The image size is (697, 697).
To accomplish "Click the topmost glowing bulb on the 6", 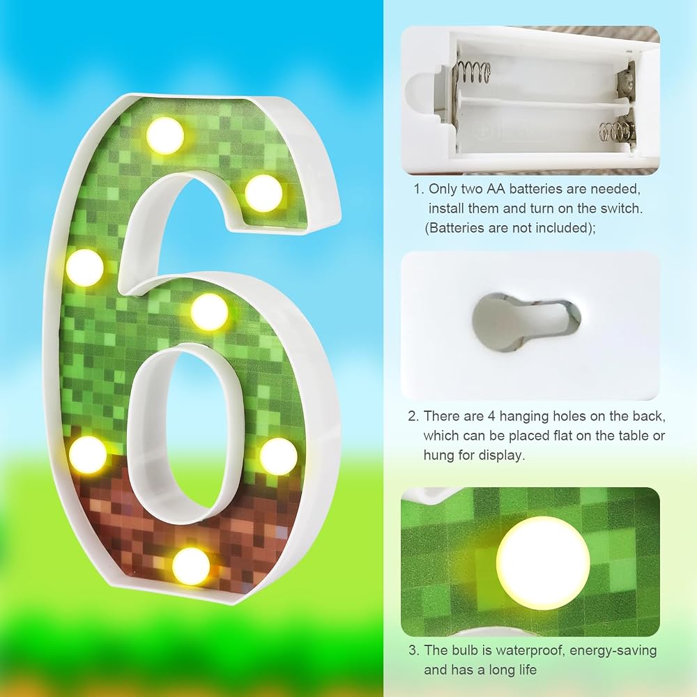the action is click(165, 136).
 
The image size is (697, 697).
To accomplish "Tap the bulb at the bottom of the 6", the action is click(191, 566).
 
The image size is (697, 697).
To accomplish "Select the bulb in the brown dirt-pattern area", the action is click(191, 566).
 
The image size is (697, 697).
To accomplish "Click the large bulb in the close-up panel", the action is click(543, 562).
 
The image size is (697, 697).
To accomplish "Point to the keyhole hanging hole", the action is click(526, 321).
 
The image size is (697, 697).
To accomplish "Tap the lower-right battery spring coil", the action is click(617, 131).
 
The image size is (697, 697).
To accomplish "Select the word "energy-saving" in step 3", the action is click(613, 651).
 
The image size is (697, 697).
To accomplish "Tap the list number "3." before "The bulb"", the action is click(414, 650).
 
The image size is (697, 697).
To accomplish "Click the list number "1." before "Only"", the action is click(419, 189).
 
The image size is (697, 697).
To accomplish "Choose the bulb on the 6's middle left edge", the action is click(85, 268).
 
